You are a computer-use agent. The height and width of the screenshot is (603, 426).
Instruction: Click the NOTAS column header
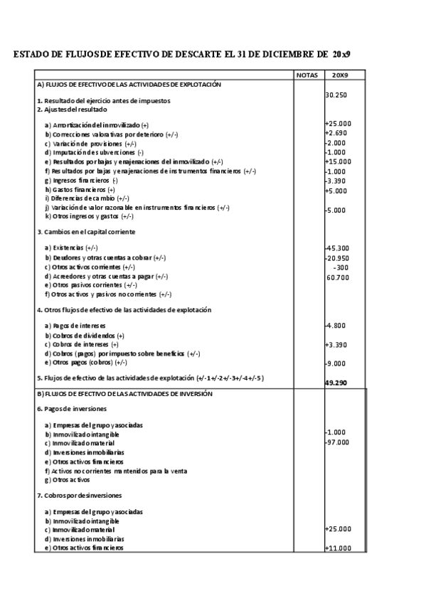307,75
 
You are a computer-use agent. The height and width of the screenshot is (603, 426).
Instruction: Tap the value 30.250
336,95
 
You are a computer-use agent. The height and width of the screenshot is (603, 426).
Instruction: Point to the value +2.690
336,133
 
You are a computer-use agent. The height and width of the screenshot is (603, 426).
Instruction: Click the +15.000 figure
338,161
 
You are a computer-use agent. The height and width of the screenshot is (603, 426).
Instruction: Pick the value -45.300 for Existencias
338,247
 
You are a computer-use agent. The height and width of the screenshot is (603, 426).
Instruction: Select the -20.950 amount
338,257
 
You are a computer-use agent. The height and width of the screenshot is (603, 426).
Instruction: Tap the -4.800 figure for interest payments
336,325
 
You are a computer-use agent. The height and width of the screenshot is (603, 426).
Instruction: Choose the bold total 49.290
337,382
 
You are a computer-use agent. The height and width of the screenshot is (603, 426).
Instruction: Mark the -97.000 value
338,442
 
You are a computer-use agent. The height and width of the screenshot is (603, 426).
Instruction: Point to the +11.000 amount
338,548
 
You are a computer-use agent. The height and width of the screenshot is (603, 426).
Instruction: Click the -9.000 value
336,363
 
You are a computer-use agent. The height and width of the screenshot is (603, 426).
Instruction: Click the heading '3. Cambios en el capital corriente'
86,232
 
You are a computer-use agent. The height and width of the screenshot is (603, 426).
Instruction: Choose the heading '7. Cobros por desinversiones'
79,495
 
